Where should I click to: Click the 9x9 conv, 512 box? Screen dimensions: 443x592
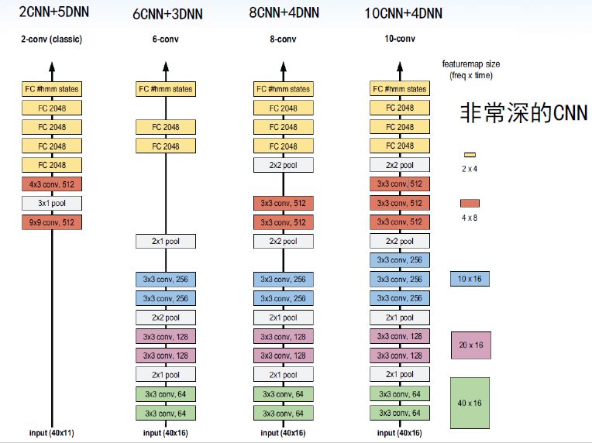pos(52,222)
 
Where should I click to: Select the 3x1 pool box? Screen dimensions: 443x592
pos(52,204)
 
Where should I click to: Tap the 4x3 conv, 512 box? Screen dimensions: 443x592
pos(52,184)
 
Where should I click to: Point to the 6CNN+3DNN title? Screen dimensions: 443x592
pos(165,13)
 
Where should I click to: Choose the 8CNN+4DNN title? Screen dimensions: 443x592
pos(283,13)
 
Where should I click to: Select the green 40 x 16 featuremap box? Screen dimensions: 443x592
pos(470,403)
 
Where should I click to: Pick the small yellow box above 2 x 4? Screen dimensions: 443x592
pos(469,155)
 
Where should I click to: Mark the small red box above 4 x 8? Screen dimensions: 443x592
pos(470,203)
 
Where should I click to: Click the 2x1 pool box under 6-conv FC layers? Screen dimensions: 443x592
pos(166,242)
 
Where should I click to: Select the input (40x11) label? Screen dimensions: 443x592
pos(52,432)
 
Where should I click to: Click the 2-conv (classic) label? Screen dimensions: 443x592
pos(51,39)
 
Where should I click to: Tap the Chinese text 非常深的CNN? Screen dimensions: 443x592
pos(524,113)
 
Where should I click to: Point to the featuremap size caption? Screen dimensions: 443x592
pos(470,70)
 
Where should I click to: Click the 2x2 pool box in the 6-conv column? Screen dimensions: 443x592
pos(166,318)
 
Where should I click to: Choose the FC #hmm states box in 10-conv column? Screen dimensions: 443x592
pos(400,89)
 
